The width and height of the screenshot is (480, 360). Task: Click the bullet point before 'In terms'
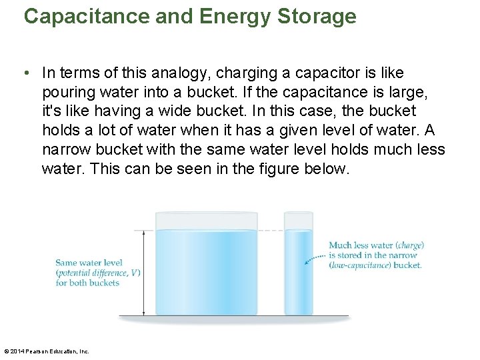[x=26, y=73]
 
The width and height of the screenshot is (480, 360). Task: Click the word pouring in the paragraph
[x=69, y=92]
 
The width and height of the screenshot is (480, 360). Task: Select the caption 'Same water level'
[x=89, y=263]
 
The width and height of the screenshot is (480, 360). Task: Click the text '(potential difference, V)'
[x=97, y=273]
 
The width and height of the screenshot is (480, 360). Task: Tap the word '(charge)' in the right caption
[x=409, y=245]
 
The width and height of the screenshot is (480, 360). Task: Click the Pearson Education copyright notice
[x=47, y=351]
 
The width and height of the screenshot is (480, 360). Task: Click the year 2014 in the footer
[x=17, y=351]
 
